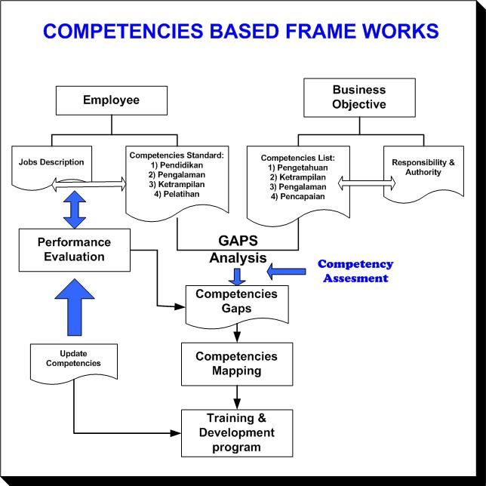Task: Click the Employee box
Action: [111, 100]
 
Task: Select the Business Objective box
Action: [359, 97]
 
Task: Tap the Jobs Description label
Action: [51, 162]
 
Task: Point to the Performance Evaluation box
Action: [74, 249]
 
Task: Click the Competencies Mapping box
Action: [236, 363]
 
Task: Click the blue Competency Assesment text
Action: [355, 271]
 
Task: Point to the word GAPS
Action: [238, 241]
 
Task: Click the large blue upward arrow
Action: [74, 306]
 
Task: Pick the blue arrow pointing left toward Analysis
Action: [286, 269]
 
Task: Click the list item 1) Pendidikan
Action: [177, 165]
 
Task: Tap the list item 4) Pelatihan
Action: [177, 193]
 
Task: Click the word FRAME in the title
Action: [281, 31]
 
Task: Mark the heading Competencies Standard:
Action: [177, 155]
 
